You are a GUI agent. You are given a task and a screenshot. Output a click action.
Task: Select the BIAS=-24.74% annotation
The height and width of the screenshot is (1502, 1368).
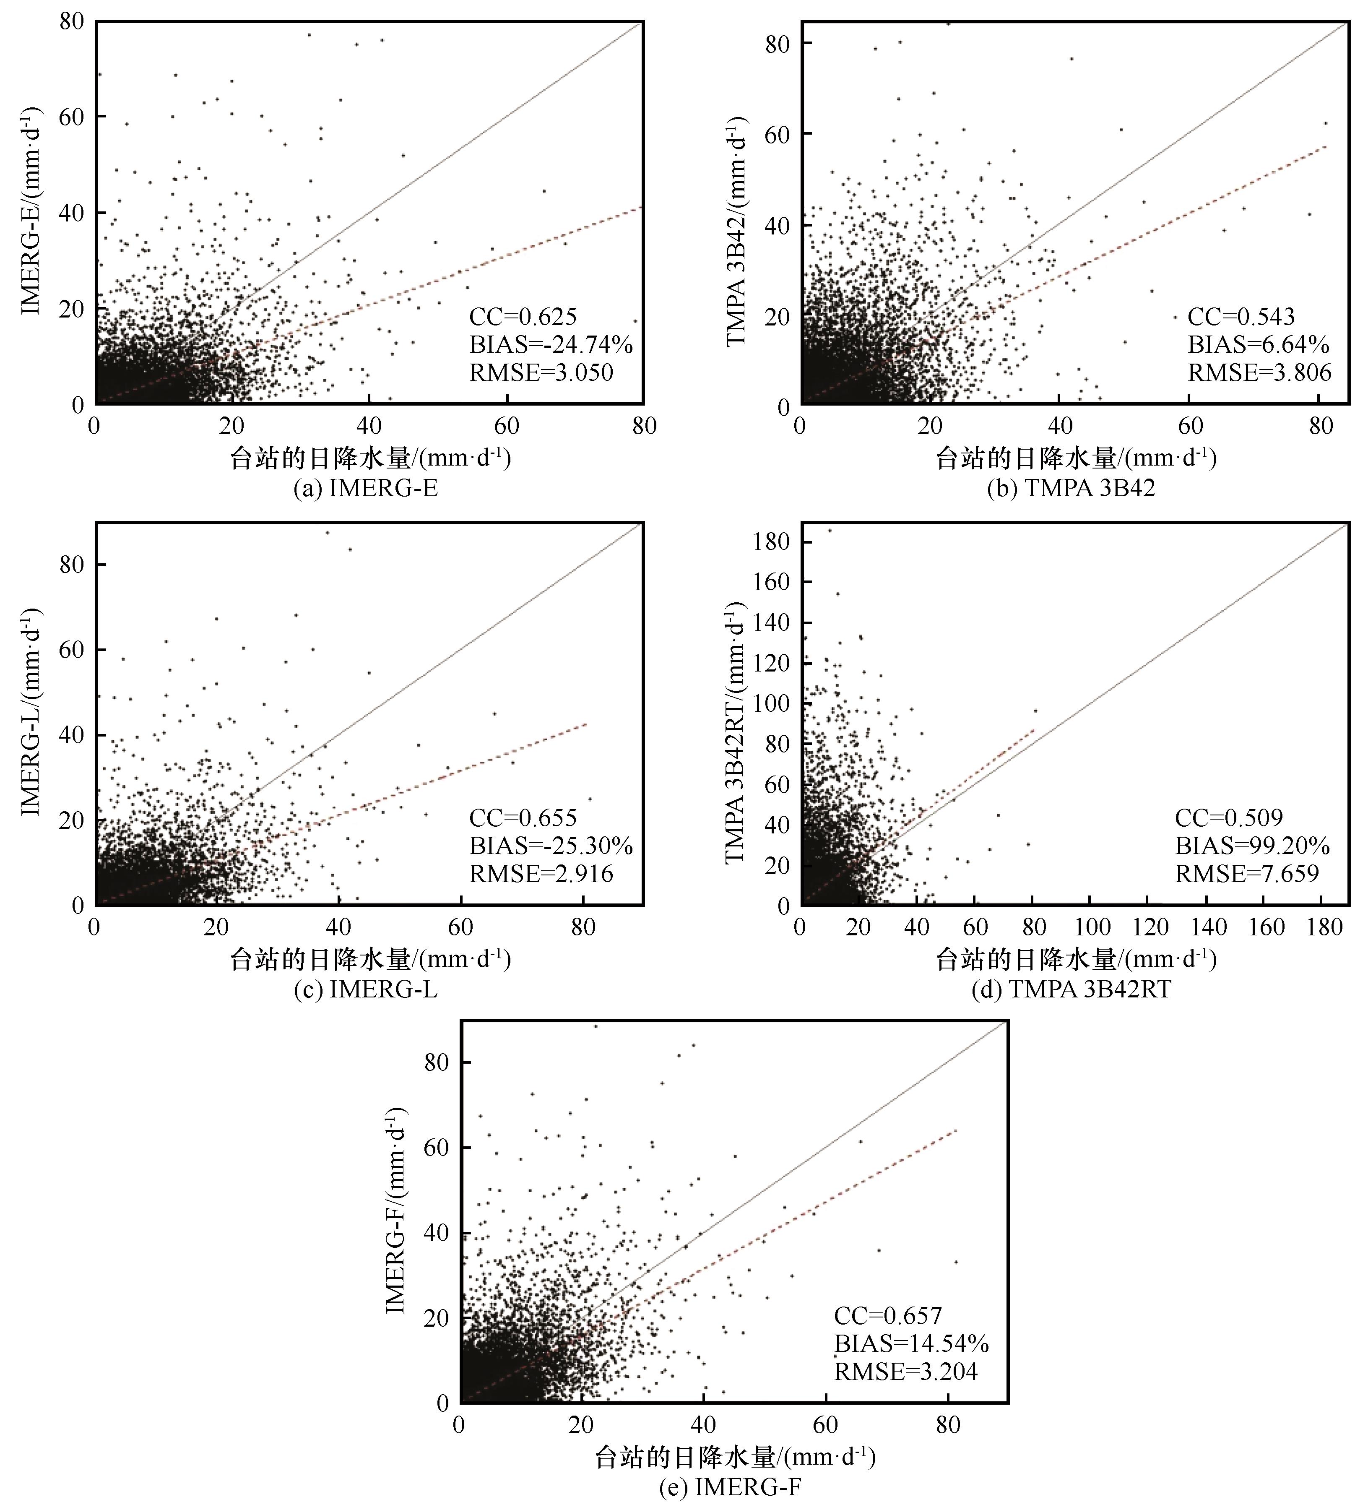(551, 345)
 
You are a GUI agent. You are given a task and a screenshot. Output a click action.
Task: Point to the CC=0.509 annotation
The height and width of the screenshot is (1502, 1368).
(1229, 818)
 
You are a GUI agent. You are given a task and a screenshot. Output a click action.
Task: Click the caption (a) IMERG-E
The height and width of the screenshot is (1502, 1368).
(365, 488)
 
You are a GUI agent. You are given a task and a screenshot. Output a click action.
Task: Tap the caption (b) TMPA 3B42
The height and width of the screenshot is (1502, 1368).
(1071, 488)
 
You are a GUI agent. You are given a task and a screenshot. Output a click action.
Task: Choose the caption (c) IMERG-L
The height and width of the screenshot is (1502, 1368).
(365, 989)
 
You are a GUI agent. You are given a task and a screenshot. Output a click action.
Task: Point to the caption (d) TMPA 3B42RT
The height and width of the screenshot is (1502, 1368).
(1071, 989)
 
